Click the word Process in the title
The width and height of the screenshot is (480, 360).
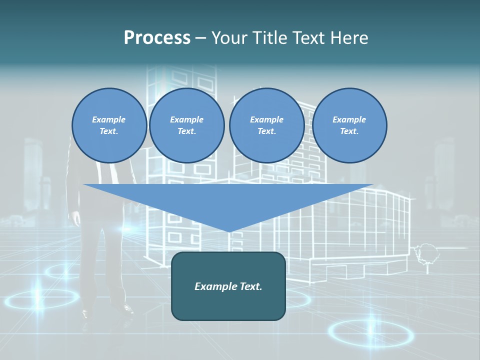click(x=157, y=37)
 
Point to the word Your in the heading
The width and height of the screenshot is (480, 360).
click(x=229, y=37)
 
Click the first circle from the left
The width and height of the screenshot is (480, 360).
click(x=109, y=125)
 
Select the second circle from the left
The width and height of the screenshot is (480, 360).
click(x=187, y=125)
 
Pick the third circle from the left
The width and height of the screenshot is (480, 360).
click(x=266, y=125)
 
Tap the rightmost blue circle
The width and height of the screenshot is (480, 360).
click(x=349, y=125)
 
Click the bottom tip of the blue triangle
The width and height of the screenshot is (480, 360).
click(x=229, y=230)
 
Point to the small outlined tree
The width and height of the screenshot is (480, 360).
click(x=426, y=252)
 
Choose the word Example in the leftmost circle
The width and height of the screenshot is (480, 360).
click(x=109, y=119)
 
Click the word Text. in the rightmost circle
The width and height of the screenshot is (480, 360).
click(x=349, y=131)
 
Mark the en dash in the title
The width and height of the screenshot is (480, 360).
click(x=201, y=38)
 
